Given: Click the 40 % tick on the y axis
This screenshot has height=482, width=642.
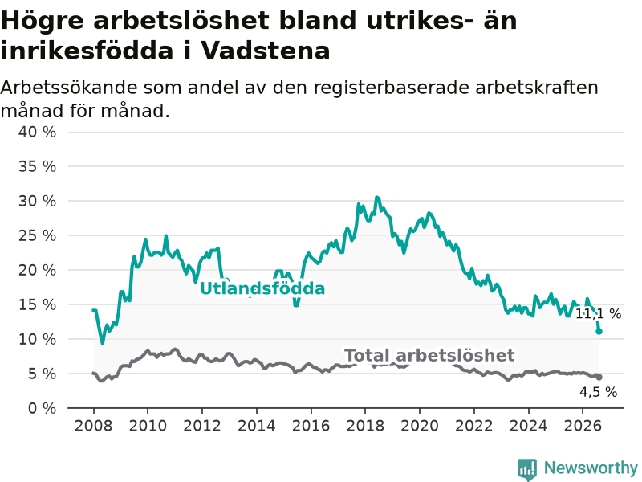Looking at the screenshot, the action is point(37,132).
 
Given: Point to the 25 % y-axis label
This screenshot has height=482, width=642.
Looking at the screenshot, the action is point(37,235).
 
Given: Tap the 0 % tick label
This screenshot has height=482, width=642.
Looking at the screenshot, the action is point(42,408).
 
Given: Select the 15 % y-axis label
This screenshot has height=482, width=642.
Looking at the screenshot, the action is point(37,304).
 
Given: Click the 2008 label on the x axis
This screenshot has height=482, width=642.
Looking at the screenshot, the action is point(93,426).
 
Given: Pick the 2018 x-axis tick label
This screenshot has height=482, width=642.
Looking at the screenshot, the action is point(365,426).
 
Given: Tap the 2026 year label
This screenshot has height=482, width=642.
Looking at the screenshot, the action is point(583,426).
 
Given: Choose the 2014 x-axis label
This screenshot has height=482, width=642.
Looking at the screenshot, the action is point(257,426).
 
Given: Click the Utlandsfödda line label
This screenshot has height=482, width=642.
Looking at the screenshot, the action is point(262,288).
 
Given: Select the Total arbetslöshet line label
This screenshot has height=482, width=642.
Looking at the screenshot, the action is point(429,355).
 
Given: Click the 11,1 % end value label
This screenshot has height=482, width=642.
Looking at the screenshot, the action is point(598,314).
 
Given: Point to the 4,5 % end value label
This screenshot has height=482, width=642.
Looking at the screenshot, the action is point(598,392).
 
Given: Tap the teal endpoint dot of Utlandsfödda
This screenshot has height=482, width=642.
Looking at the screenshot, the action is point(599,331).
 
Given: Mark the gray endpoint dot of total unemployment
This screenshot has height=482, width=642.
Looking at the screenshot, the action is point(599,377).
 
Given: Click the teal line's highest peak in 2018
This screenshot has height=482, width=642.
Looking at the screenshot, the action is point(376,198).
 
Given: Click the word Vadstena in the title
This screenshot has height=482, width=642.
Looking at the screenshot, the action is point(266,51).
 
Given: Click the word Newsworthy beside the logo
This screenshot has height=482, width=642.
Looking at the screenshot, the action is point(591,468).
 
